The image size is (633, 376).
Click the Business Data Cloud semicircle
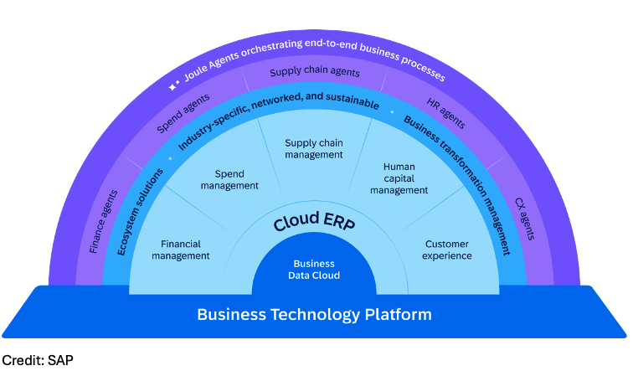tap(314, 269)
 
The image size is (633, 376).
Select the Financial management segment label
tap(180, 250)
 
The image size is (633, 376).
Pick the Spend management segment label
tap(229, 180)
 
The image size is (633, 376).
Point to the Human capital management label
tap(399, 178)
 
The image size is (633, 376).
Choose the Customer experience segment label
tap(446, 250)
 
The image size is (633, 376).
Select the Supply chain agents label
tap(314, 73)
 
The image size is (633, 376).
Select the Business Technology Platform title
tap(314, 314)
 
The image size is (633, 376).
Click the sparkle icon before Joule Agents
tap(173, 85)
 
